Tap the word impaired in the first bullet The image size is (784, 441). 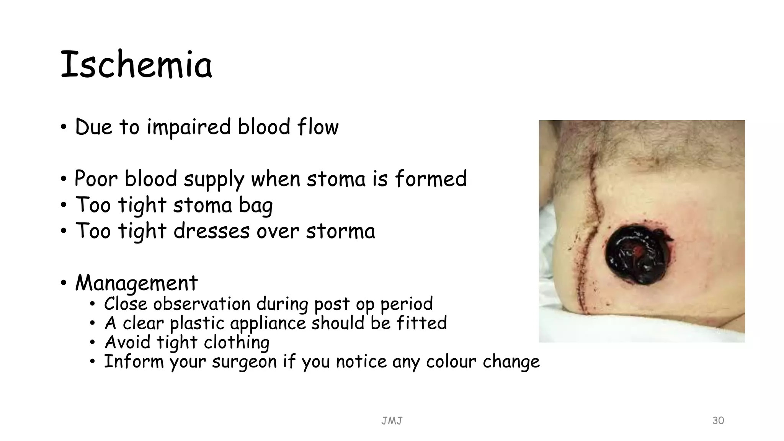pyautogui.click(x=189, y=127)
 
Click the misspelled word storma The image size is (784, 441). pyautogui.click(x=340, y=231)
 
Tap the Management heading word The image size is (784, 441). pyautogui.click(x=136, y=283)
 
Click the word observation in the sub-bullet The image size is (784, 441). pyautogui.click(x=202, y=304)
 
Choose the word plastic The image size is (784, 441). pyautogui.click(x=197, y=323)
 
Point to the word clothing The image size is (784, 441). pyautogui.click(x=237, y=342)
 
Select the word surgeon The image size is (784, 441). pyautogui.click(x=244, y=361)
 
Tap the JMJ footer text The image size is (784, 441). pyautogui.click(x=392, y=421)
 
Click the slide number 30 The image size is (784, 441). pyautogui.click(x=718, y=420)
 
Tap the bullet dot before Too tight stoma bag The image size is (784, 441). pyautogui.click(x=64, y=205)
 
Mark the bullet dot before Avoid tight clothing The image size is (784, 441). pyautogui.click(x=92, y=342)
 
